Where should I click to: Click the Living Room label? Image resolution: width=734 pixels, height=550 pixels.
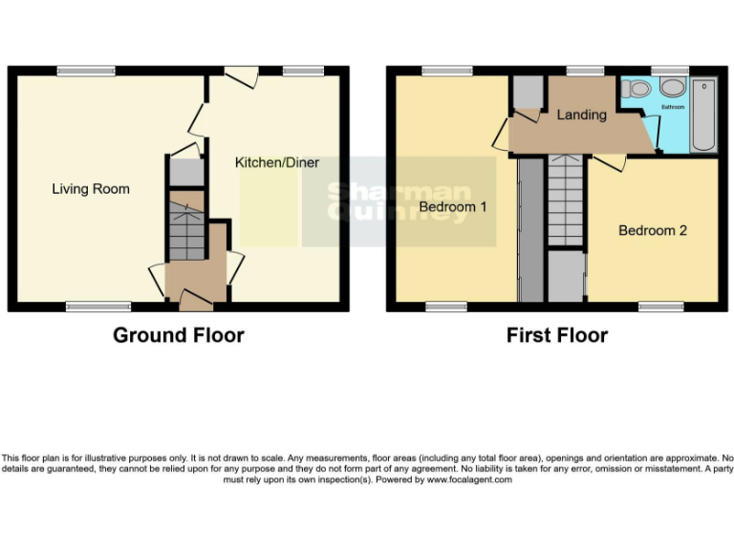[x=91, y=189]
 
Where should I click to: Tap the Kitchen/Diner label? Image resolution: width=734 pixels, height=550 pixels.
[x=277, y=162]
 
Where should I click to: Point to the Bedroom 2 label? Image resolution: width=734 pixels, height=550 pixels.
[x=653, y=230]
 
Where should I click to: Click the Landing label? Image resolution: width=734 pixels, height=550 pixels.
[x=582, y=115]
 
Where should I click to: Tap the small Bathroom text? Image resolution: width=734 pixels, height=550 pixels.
[x=672, y=107]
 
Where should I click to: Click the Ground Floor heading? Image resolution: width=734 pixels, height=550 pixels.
[x=179, y=335]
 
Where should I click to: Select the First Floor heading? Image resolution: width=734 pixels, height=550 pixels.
[x=557, y=335]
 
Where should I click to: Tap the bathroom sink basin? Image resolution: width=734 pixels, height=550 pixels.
[x=672, y=88]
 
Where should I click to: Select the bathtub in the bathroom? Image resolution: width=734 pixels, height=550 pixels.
[x=703, y=115]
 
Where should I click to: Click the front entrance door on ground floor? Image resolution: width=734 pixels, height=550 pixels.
[x=196, y=305]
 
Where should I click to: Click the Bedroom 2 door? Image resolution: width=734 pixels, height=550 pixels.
[x=609, y=163]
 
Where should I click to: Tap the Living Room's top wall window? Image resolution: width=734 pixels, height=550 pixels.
[x=85, y=71]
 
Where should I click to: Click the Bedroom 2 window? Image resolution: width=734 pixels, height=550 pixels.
[x=659, y=307]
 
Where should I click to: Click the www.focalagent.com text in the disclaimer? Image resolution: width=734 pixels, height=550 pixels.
[x=469, y=479]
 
